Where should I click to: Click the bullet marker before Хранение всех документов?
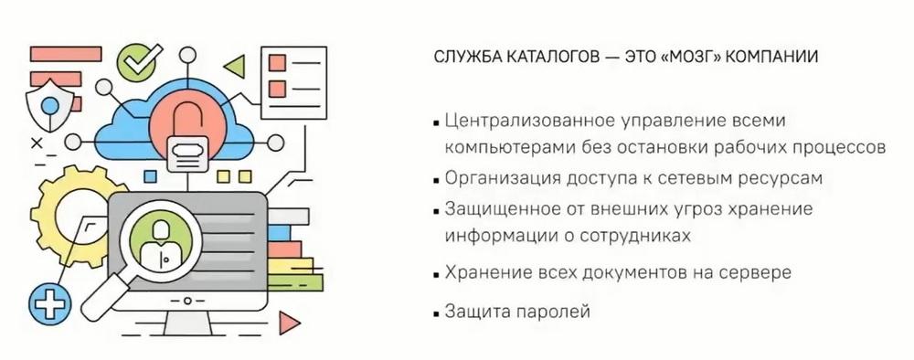[436, 274]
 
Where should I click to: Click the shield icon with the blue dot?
[49, 106]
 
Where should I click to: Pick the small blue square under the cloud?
[151, 176]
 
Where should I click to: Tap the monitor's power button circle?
[187, 302]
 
